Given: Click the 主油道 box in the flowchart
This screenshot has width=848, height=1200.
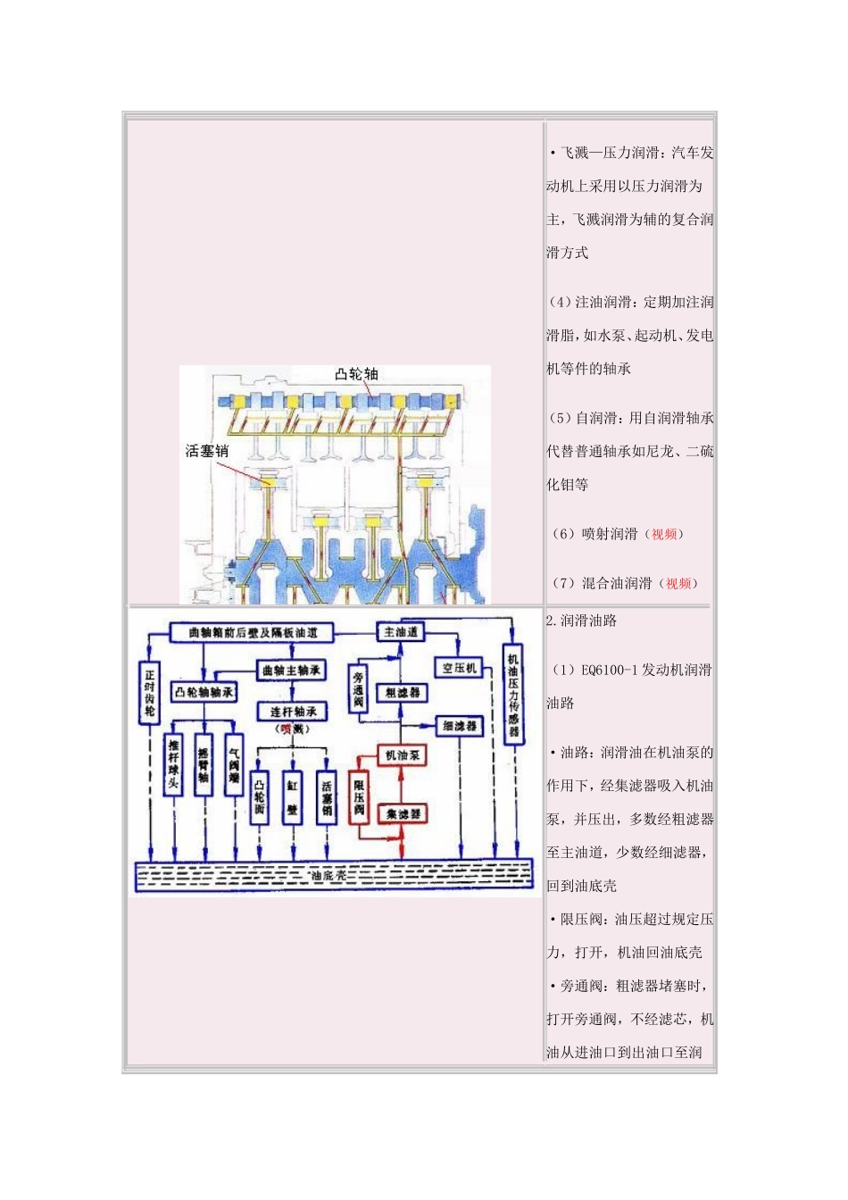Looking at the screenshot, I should pyautogui.click(x=401, y=632).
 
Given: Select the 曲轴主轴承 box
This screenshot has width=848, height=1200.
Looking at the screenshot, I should pyautogui.click(x=292, y=670).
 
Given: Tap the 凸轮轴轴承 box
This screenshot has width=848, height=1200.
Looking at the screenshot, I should pyautogui.click(x=204, y=692).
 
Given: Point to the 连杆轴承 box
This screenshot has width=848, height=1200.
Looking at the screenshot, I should pyautogui.click(x=292, y=712).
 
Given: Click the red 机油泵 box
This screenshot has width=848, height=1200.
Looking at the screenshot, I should pyautogui.click(x=403, y=755).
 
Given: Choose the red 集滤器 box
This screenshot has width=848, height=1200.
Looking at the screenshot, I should pyautogui.click(x=403, y=813).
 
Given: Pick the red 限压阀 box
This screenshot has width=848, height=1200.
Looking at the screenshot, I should pyautogui.click(x=359, y=797).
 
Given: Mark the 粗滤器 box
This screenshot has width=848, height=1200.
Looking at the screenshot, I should pyautogui.click(x=403, y=692).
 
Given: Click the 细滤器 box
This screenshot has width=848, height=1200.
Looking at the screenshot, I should pyautogui.click(x=460, y=726).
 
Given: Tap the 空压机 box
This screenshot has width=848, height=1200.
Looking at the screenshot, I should pyautogui.click(x=460, y=668).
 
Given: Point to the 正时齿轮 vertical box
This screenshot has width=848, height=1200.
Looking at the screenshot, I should pyautogui.click(x=149, y=692).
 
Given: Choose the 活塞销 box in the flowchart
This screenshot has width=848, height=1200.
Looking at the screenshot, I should pyautogui.click(x=327, y=797).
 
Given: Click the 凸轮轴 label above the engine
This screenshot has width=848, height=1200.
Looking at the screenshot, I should pyautogui.click(x=357, y=374).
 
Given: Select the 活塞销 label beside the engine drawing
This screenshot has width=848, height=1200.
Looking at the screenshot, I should pyautogui.click(x=207, y=452).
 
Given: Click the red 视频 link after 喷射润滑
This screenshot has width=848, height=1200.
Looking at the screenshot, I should pyautogui.click(x=664, y=534).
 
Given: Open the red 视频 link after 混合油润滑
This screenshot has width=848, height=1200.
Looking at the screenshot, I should pyautogui.click(x=678, y=583).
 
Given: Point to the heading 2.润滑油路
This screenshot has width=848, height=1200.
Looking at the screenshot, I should pyautogui.click(x=582, y=621).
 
